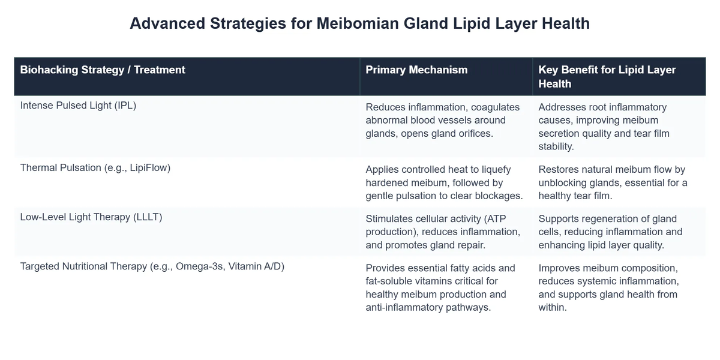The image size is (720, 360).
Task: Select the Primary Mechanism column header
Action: [x=416, y=70]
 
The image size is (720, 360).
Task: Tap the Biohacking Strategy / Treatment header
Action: [x=103, y=70]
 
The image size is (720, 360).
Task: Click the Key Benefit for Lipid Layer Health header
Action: [x=607, y=76]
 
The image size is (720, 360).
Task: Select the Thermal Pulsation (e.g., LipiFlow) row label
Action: [x=95, y=167]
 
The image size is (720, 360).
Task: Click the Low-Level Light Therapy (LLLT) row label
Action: [x=91, y=217]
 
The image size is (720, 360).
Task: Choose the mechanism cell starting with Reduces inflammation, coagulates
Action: [x=443, y=120]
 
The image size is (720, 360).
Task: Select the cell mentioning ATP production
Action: [x=443, y=232]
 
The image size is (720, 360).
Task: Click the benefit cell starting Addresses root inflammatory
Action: [x=604, y=127]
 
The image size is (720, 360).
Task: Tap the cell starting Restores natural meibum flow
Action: [x=612, y=182]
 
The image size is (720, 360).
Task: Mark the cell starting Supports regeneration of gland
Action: [x=610, y=232]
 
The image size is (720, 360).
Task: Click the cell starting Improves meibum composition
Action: [x=608, y=287]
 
